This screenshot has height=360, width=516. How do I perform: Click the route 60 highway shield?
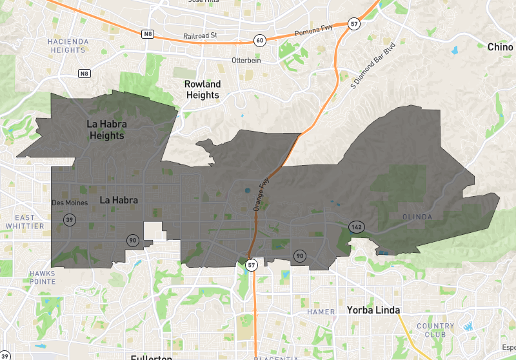click(x=259, y=40)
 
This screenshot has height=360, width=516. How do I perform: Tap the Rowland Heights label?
click(x=203, y=90)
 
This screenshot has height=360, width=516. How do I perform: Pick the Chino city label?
click(x=500, y=46)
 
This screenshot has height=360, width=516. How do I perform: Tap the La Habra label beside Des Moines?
click(x=119, y=201)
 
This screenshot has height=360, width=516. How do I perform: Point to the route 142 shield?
click(x=355, y=226)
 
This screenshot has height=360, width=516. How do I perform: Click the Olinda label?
click(x=417, y=217)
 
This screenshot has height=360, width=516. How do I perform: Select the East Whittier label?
click(x=25, y=222)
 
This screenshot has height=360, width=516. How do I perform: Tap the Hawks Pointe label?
click(x=42, y=277)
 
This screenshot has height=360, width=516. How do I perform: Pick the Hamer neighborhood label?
click(x=321, y=312)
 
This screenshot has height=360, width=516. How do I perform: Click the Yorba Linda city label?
click(x=373, y=310)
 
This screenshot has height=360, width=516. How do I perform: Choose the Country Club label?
click(x=435, y=330)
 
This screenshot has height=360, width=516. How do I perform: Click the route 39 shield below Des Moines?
click(x=68, y=220)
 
